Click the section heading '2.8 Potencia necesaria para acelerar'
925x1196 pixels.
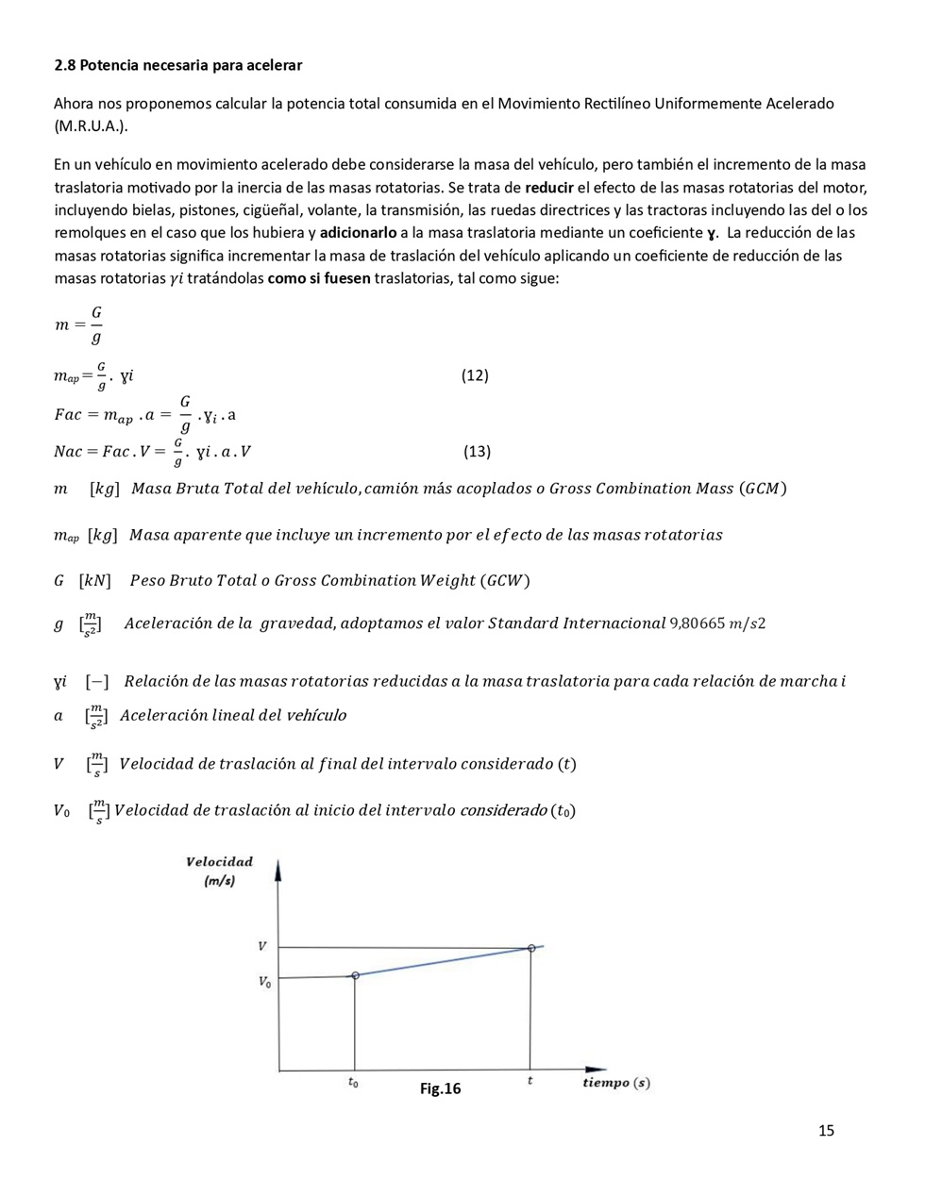tap(177, 65)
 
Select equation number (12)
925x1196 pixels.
tap(475, 375)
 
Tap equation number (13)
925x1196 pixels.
tap(477, 451)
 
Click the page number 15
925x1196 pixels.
tap(826, 1131)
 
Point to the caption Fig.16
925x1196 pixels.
tap(440, 1088)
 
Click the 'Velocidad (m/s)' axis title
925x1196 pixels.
tap(220, 871)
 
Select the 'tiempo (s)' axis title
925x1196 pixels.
tap(615, 1083)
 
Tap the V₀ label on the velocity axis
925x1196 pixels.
tap(264, 982)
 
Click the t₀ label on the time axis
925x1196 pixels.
tap(353, 1084)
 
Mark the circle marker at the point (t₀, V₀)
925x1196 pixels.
tap(355, 975)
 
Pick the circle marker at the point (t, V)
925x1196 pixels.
tap(531, 948)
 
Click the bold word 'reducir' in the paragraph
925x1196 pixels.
tap(549, 188)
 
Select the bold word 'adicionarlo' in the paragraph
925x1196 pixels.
tap(358, 233)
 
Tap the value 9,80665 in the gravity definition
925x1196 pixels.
tap(697, 623)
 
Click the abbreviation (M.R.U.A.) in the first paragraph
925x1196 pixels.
tap(91, 126)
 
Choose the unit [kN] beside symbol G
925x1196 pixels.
tap(94, 581)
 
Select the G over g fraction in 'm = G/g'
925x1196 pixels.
tap(95, 324)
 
